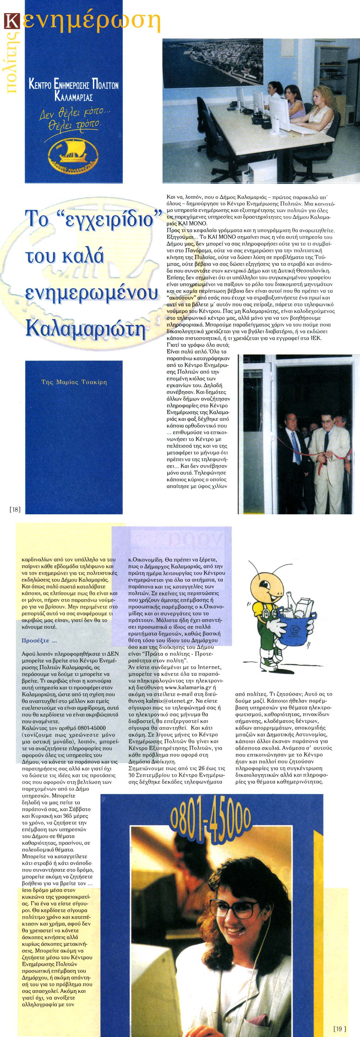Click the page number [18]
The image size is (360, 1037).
point(15,509)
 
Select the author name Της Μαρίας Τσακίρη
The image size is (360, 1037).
point(74,382)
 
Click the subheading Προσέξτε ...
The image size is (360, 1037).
point(39,640)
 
